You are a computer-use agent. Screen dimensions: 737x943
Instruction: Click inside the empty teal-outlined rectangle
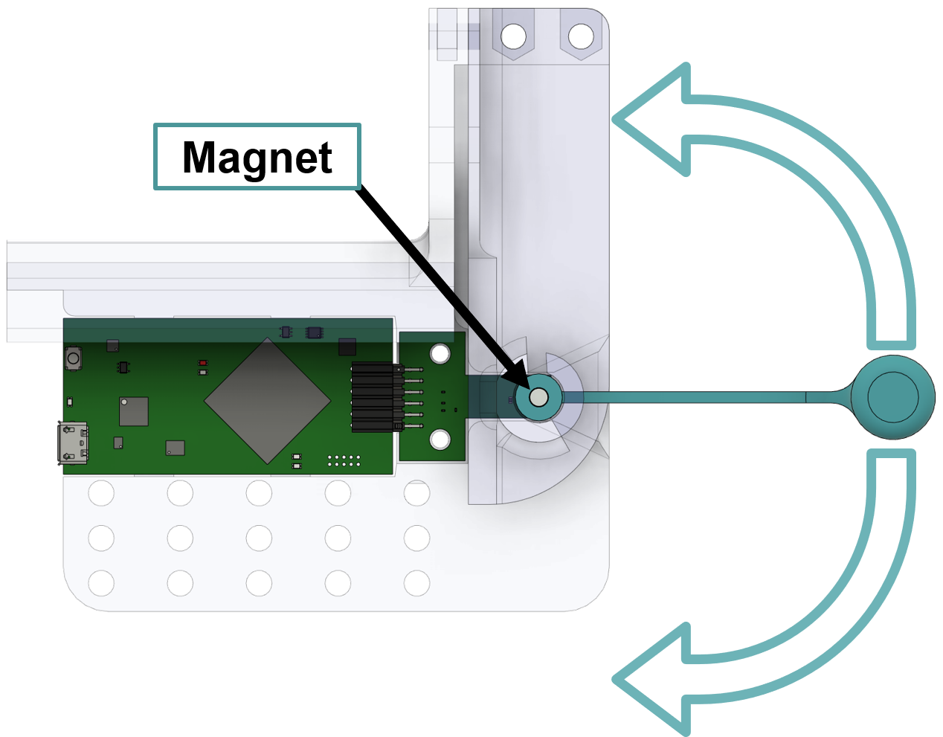pyautogui.click(x=257, y=156)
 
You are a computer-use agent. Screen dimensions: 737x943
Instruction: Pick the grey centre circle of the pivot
pyautogui.click(x=539, y=398)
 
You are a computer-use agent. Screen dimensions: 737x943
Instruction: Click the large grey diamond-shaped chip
pyautogui.click(x=267, y=401)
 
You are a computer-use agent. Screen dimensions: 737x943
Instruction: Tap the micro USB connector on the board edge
pyautogui.click(x=74, y=443)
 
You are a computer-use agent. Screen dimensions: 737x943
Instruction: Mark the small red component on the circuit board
pyautogui.click(x=202, y=363)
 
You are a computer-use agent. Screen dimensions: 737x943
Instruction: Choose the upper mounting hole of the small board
pyautogui.click(x=440, y=353)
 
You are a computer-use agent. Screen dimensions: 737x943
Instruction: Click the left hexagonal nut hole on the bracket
pyautogui.click(x=513, y=35)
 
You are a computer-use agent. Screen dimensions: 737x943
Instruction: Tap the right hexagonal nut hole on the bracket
pyautogui.click(x=580, y=35)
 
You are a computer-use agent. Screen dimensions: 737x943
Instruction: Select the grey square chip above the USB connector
pyautogui.click(x=134, y=411)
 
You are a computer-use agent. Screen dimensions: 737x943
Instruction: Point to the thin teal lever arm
pyautogui.click(x=699, y=397)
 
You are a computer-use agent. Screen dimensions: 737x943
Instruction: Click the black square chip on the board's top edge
pyautogui.click(x=347, y=346)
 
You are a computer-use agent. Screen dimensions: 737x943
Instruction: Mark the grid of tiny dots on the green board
pyautogui.click(x=344, y=461)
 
